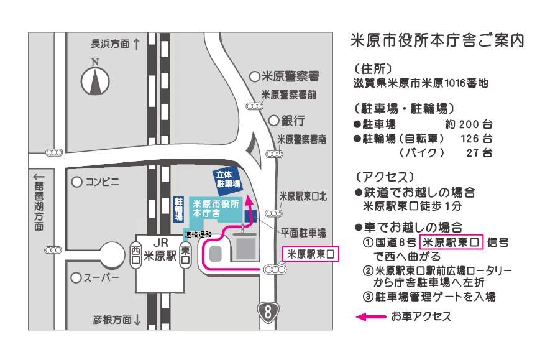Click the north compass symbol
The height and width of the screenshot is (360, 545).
click(95, 80)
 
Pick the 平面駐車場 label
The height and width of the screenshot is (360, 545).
click(303, 233)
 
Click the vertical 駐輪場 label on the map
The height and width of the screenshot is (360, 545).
click(178, 209)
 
